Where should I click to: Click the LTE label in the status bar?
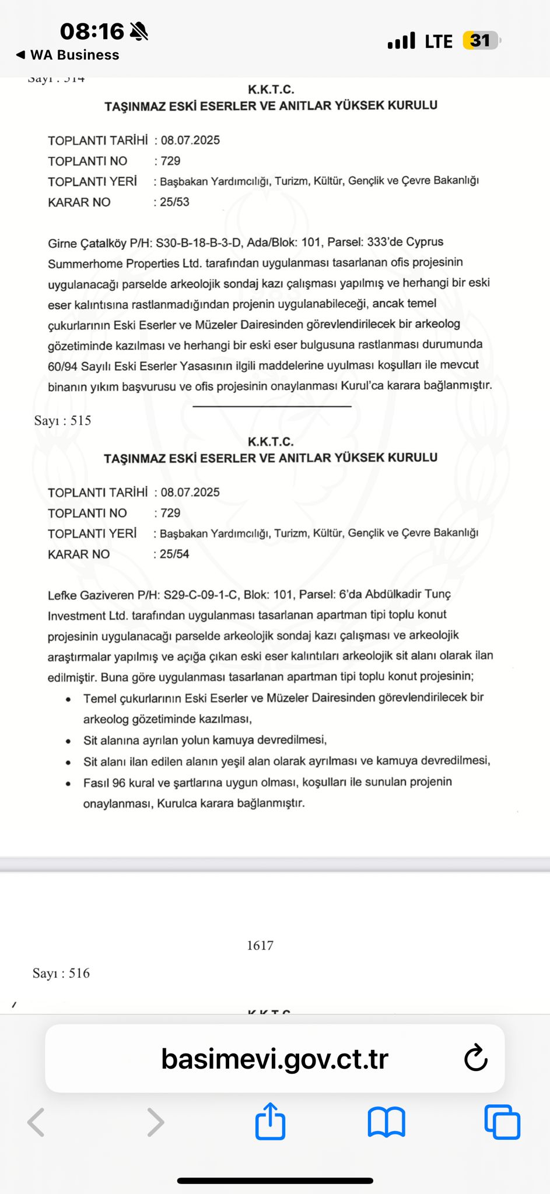click(x=438, y=41)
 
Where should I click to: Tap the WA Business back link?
click(x=68, y=55)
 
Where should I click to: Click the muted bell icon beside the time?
click(x=139, y=31)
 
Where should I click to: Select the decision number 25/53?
click(x=174, y=202)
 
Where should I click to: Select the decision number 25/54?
click(x=174, y=554)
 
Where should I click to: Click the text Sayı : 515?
click(x=63, y=420)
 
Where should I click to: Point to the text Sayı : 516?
click(x=61, y=973)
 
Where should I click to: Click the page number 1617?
click(x=260, y=945)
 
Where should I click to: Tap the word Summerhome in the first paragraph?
click(x=85, y=263)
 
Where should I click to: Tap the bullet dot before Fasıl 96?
click(x=69, y=783)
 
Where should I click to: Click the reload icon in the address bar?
click(x=475, y=1058)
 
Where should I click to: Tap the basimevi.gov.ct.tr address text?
click(x=275, y=1059)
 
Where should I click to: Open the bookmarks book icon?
click(x=386, y=1122)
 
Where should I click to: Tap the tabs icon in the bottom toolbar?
click(x=502, y=1122)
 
